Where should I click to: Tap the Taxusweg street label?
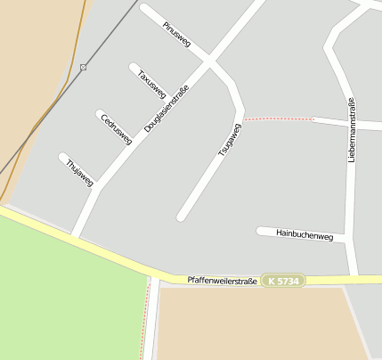pos(152,83)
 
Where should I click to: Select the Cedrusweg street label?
pos(117,128)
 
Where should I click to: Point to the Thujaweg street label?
pos(79,171)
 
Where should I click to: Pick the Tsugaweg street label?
pos(230,140)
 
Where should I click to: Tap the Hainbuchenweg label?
pos(304,235)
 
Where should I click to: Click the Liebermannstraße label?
pos(352,129)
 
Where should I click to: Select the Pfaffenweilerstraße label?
pos(222,281)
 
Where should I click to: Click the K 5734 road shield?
pos(284,281)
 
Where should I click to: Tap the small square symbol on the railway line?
pos(83,67)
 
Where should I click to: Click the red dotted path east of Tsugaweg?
pos(278,118)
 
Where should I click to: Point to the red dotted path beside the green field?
pos(144,321)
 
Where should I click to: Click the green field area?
pos(62,294)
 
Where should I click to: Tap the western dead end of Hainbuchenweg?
pos(260,232)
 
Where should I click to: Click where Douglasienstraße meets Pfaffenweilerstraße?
pos(76,237)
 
